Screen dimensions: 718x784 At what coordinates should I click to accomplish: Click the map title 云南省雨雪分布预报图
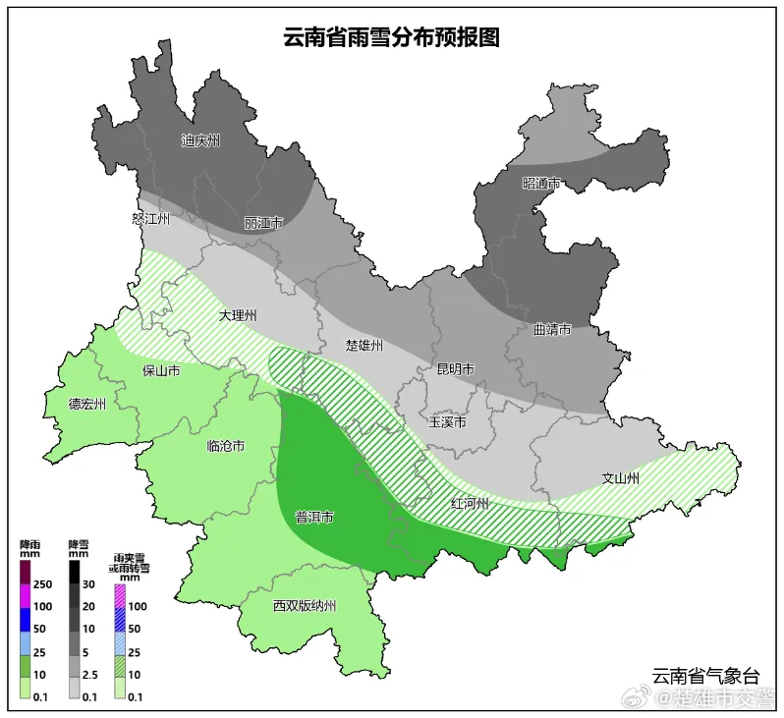click(x=392, y=37)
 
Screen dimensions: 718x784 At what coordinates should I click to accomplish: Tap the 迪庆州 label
click(x=200, y=140)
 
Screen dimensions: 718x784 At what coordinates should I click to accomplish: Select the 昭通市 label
click(x=541, y=184)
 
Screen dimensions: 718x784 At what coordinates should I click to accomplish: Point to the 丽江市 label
click(x=263, y=223)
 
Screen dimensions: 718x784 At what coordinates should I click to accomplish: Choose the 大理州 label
click(x=237, y=316)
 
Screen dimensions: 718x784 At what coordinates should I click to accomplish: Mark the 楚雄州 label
click(x=364, y=346)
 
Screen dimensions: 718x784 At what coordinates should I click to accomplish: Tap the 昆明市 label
click(x=455, y=369)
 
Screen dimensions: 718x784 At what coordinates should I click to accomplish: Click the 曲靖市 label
click(x=552, y=330)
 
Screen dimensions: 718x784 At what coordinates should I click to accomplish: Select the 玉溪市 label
click(x=447, y=422)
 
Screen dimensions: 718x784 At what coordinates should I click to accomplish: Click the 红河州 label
click(x=470, y=504)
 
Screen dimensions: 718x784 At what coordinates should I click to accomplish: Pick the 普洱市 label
click(x=314, y=517)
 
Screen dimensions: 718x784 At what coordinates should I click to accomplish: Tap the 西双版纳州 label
click(x=305, y=606)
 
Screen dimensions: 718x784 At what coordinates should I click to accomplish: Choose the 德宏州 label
click(x=87, y=404)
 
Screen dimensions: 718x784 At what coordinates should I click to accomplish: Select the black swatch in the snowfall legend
click(x=75, y=570)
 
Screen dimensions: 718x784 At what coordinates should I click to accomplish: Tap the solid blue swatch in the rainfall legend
click(x=26, y=628)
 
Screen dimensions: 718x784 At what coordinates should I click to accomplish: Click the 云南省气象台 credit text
click(x=705, y=676)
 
